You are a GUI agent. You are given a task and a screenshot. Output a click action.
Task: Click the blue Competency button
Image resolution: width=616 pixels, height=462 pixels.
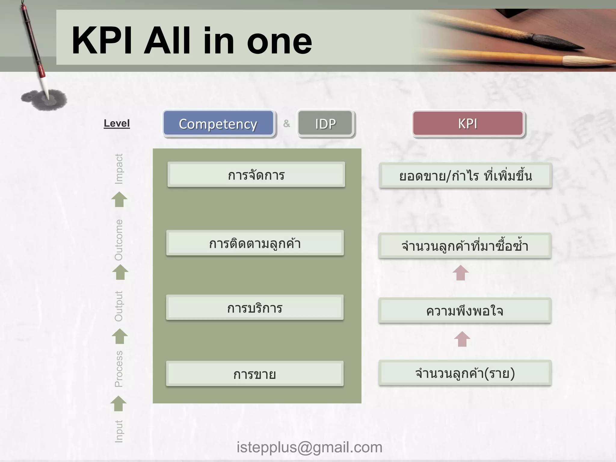click(x=218, y=124)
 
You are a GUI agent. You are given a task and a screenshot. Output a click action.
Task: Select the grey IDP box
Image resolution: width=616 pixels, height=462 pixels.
click(x=325, y=124)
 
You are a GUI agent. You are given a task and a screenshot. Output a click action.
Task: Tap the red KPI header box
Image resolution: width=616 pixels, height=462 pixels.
click(x=468, y=124)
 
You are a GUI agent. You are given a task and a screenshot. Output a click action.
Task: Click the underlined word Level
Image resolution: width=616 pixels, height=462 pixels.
click(x=117, y=123)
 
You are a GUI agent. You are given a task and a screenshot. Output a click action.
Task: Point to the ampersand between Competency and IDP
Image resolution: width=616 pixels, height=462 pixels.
click(x=286, y=123)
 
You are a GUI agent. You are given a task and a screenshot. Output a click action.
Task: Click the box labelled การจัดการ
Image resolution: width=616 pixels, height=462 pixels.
click(x=256, y=175)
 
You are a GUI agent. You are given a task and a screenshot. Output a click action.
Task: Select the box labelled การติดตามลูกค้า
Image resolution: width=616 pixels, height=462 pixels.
click(x=255, y=243)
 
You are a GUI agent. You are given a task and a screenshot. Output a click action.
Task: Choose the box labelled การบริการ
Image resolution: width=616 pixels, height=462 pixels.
click(x=255, y=308)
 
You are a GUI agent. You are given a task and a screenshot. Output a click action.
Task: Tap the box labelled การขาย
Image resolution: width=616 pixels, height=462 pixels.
click(x=255, y=374)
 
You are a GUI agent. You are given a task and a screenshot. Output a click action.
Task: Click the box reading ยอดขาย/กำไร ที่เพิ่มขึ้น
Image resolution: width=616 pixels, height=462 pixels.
click(x=465, y=176)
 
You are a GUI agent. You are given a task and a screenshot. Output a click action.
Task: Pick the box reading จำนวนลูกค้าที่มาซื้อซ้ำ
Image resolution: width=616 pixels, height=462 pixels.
click(x=465, y=246)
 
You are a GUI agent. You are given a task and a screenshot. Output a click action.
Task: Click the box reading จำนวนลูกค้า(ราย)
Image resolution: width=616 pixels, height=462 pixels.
click(x=465, y=373)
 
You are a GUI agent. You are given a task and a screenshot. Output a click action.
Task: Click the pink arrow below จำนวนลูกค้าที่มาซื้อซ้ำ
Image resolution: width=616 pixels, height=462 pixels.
click(x=460, y=273)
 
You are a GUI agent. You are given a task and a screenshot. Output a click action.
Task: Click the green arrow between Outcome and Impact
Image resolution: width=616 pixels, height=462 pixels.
click(x=119, y=199)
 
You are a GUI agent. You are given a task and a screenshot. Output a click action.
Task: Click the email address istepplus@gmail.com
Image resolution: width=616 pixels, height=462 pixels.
click(x=309, y=447)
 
